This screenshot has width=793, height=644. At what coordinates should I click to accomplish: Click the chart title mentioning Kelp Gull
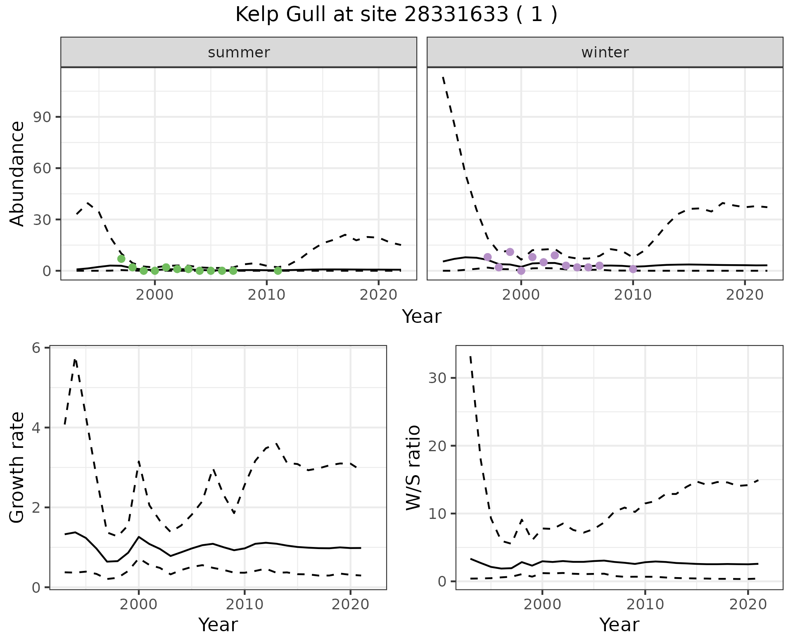click(x=396, y=15)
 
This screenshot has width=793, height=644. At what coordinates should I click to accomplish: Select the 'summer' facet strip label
click(x=239, y=52)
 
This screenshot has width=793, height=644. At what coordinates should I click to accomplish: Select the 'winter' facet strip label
click(x=605, y=52)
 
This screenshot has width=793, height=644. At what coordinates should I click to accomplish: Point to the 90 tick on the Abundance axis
click(x=41, y=117)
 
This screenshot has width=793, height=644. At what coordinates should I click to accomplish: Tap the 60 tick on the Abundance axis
click(x=41, y=168)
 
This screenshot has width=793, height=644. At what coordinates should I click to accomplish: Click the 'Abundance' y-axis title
click(x=17, y=173)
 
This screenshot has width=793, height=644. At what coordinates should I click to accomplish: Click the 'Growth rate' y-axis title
click(x=17, y=467)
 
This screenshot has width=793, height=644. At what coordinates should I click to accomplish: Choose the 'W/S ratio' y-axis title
click(x=413, y=467)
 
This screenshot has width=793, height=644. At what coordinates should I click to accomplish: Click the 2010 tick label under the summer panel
click(x=266, y=295)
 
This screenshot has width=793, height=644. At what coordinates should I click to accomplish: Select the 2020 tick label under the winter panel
click(x=744, y=295)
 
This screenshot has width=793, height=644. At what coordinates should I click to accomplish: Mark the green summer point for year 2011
click(x=278, y=271)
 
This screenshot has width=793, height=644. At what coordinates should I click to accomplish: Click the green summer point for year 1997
click(x=121, y=259)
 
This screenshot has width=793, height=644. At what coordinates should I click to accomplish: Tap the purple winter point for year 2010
click(x=633, y=269)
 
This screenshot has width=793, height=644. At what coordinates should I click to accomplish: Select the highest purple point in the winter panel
click(x=510, y=252)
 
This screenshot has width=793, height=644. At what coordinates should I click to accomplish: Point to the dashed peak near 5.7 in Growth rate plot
click(x=75, y=360)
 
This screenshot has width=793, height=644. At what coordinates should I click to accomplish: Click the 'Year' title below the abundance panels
click(x=421, y=317)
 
